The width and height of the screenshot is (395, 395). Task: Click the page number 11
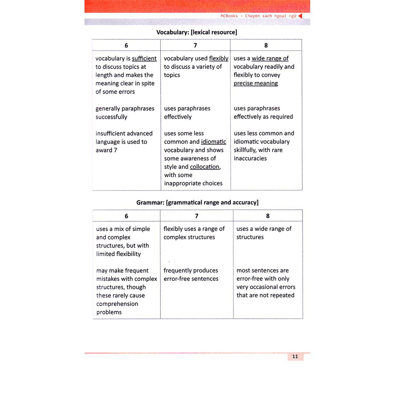pyautogui.click(x=295, y=356)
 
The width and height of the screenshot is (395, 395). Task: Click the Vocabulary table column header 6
pyautogui.click(x=126, y=46)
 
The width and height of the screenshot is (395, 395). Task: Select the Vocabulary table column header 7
pyautogui.click(x=195, y=46)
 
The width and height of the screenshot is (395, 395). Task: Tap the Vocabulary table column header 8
pyautogui.click(x=266, y=46)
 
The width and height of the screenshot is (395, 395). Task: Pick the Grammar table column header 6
pyautogui.click(x=126, y=216)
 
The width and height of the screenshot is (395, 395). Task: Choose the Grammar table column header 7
pyautogui.click(x=196, y=216)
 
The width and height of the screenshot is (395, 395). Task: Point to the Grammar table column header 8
pyautogui.click(x=268, y=216)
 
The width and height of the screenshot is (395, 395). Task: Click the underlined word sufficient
pyautogui.click(x=144, y=59)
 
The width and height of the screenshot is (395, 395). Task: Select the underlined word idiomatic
pyautogui.click(x=213, y=142)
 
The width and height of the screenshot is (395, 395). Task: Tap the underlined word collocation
pyautogui.click(x=205, y=167)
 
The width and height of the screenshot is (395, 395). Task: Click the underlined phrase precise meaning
pyautogui.click(x=256, y=83)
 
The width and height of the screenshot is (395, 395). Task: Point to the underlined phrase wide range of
pyautogui.click(x=270, y=59)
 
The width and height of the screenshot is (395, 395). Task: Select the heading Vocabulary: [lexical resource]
pyautogui.click(x=197, y=32)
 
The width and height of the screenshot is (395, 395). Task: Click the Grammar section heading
pyautogui.click(x=197, y=203)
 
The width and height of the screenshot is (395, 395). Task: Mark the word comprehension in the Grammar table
pyautogui.click(x=117, y=304)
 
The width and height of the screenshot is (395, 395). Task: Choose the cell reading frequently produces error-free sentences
pyautogui.click(x=191, y=275)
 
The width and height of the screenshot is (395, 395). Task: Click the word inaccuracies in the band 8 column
pyautogui.click(x=250, y=159)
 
